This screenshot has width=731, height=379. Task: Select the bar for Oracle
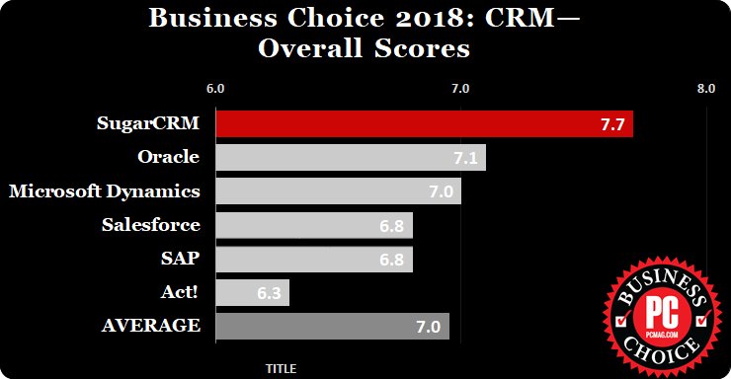click(350, 157)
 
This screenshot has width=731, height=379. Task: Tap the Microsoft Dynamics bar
click(337, 190)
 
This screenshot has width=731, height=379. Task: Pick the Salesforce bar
click(313, 225)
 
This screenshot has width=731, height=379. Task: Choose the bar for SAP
click(313, 259)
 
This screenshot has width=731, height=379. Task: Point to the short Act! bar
click(252, 292)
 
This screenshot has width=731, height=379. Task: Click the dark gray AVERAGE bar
click(331, 327)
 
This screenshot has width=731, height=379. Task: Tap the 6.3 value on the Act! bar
click(269, 293)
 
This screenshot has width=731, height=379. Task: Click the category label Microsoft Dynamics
click(105, 190)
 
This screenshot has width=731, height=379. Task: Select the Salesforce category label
click(151, 224)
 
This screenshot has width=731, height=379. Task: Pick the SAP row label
click(181, 258)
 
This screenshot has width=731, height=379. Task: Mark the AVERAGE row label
click(152, 326)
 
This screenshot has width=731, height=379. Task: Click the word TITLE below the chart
click(281, 368)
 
